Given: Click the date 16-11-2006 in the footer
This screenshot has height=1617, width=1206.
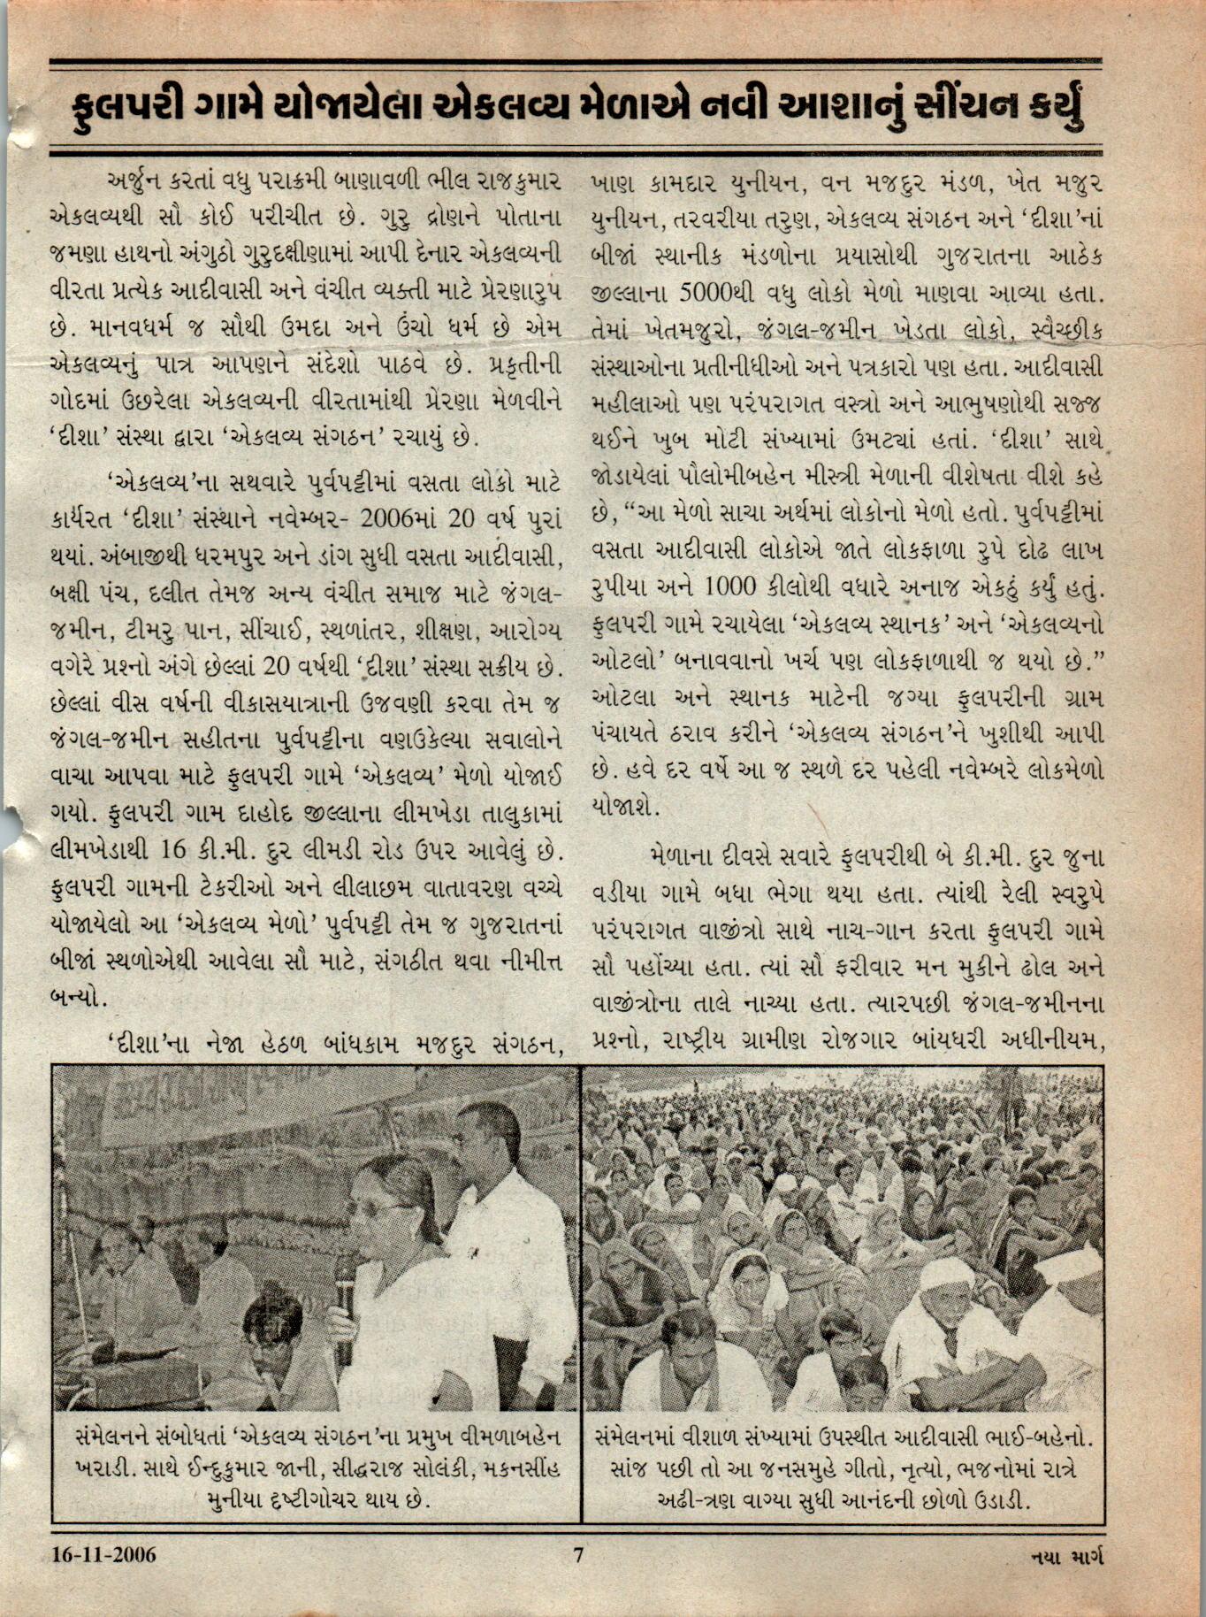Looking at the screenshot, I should point(103,1554).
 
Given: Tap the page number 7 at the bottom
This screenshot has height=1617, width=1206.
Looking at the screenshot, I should point(578,1554).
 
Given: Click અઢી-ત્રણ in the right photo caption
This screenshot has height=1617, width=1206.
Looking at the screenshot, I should point(698,1500).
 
